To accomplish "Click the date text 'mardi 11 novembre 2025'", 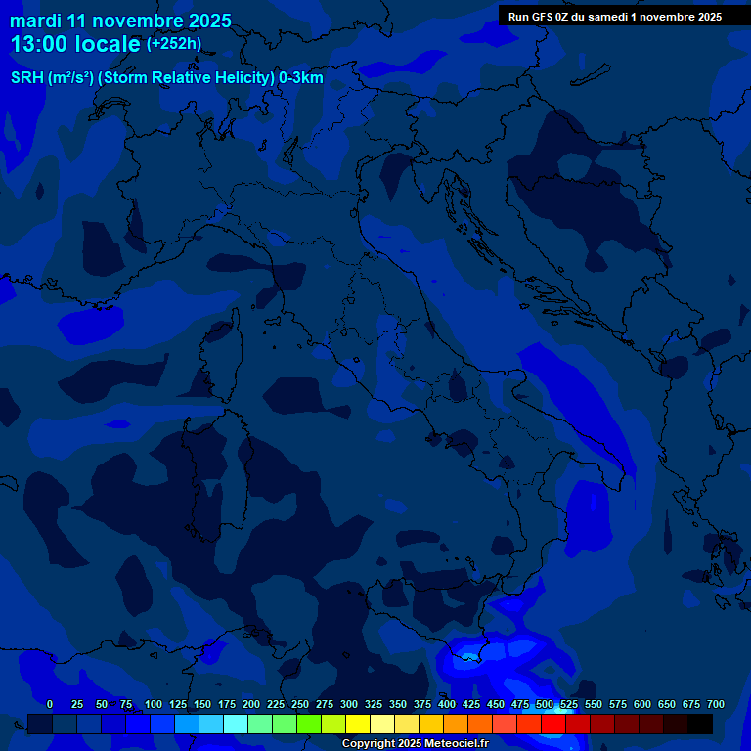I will pos(120,21).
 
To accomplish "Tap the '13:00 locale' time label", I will pos(75,44).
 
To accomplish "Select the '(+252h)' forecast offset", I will pos(173,44).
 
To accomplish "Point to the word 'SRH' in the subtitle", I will pos(27,78).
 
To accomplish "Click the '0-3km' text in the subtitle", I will pos(300,78).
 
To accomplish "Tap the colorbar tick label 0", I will pos(50,704).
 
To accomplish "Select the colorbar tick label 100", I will pos(154,704).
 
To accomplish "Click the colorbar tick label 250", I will pos(300,704).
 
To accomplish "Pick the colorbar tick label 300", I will pos(349,704).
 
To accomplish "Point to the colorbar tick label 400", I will pos(447,704).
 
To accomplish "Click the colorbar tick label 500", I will pos(545,704).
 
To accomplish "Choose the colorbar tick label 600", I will pos(642,704).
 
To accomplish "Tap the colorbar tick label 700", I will pos(715,704).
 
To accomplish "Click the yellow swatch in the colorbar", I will pos(358,725).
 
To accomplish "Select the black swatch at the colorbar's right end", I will pos(700,725).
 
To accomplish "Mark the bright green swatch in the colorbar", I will pos(309,725).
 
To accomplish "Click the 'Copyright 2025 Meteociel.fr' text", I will pos(415,744).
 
